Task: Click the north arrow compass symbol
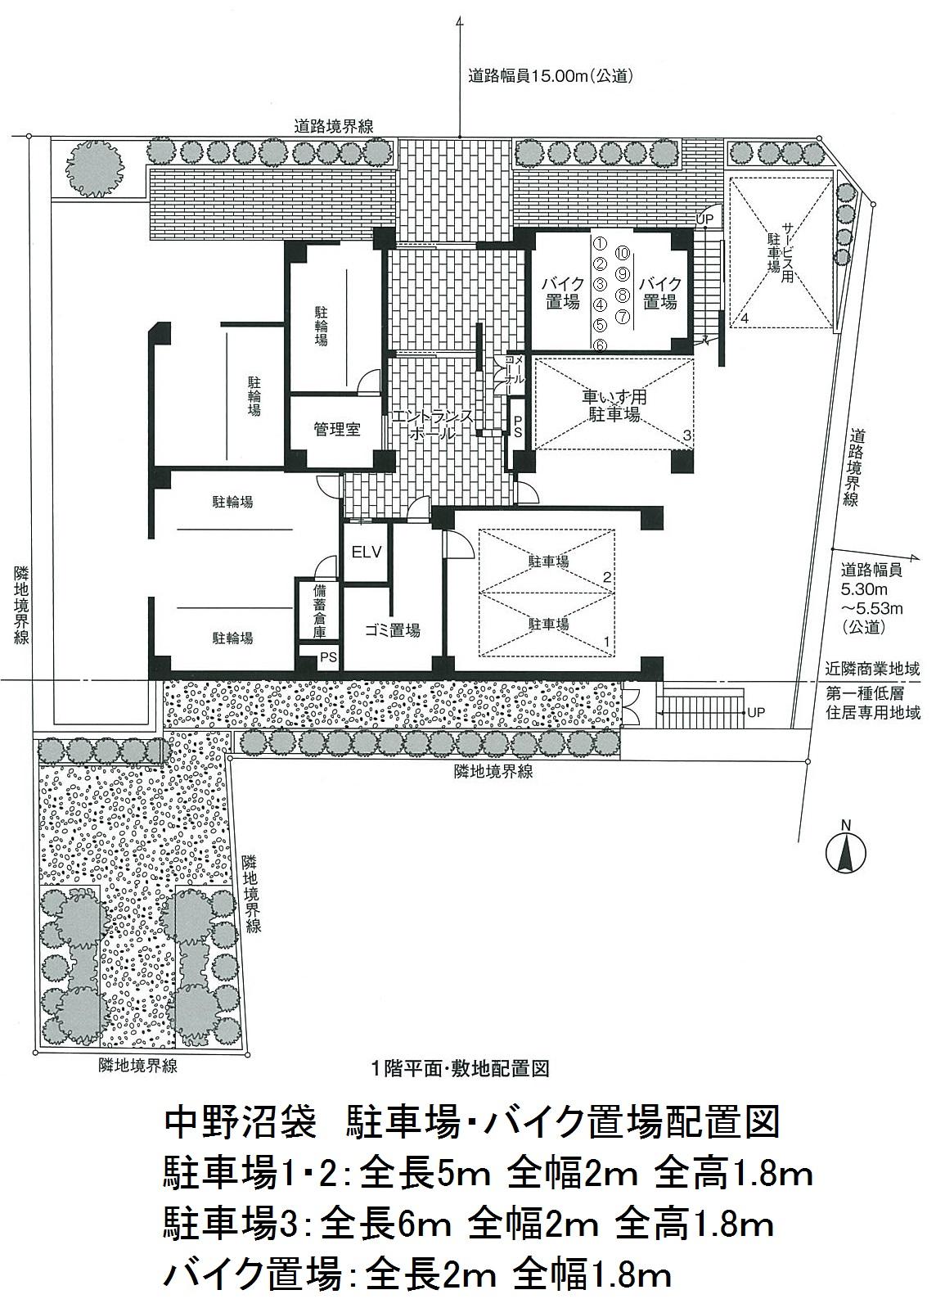click(x=845, y=853)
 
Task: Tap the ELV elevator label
click(x=367, y=552)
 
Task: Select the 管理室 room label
click(x=337, y=431)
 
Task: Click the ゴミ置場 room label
click(x=392, y=630)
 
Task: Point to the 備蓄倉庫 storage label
click(x=318, y=611)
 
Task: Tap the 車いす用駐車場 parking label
click(x=614, y=406)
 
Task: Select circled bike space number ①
click(x=599, y=243)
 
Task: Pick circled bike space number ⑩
click(x=623, y=253)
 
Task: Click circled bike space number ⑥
click(x=599, y=345)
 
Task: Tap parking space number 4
click(x=745, y=319)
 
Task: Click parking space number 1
click(x=607, y=641)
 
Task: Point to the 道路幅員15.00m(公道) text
click(x=551, y=76)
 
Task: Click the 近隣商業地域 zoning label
click(x=872, y=669)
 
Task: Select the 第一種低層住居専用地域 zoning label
click(x=872, y=703)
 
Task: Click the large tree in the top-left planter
click(x=95, y=166)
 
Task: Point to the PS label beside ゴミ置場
click(x=328, y=657)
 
